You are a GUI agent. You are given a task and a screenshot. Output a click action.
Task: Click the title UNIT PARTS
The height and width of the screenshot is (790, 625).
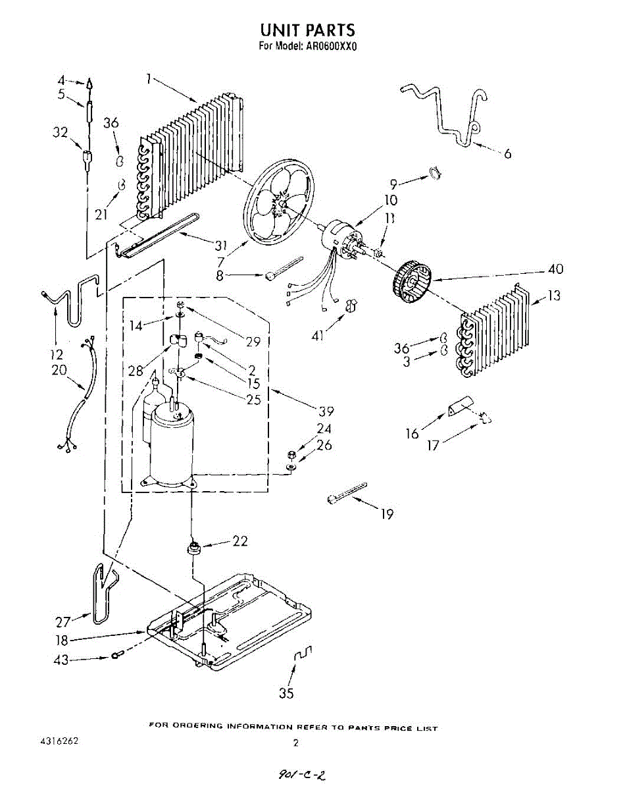coord(307,30)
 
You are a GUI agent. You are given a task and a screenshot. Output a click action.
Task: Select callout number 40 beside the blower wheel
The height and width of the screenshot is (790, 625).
coord(556,269)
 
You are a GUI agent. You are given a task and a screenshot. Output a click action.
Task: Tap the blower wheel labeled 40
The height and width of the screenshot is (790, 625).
coord(413,284)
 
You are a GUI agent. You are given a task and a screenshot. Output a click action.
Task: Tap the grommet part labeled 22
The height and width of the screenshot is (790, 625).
coord(194,546)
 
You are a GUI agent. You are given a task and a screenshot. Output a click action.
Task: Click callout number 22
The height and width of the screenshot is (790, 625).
coord(240,541)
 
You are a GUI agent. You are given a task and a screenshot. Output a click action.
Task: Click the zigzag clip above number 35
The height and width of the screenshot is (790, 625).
coord(303,655)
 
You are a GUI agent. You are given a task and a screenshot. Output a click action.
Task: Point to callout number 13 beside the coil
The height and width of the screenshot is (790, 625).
coord(555,296)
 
